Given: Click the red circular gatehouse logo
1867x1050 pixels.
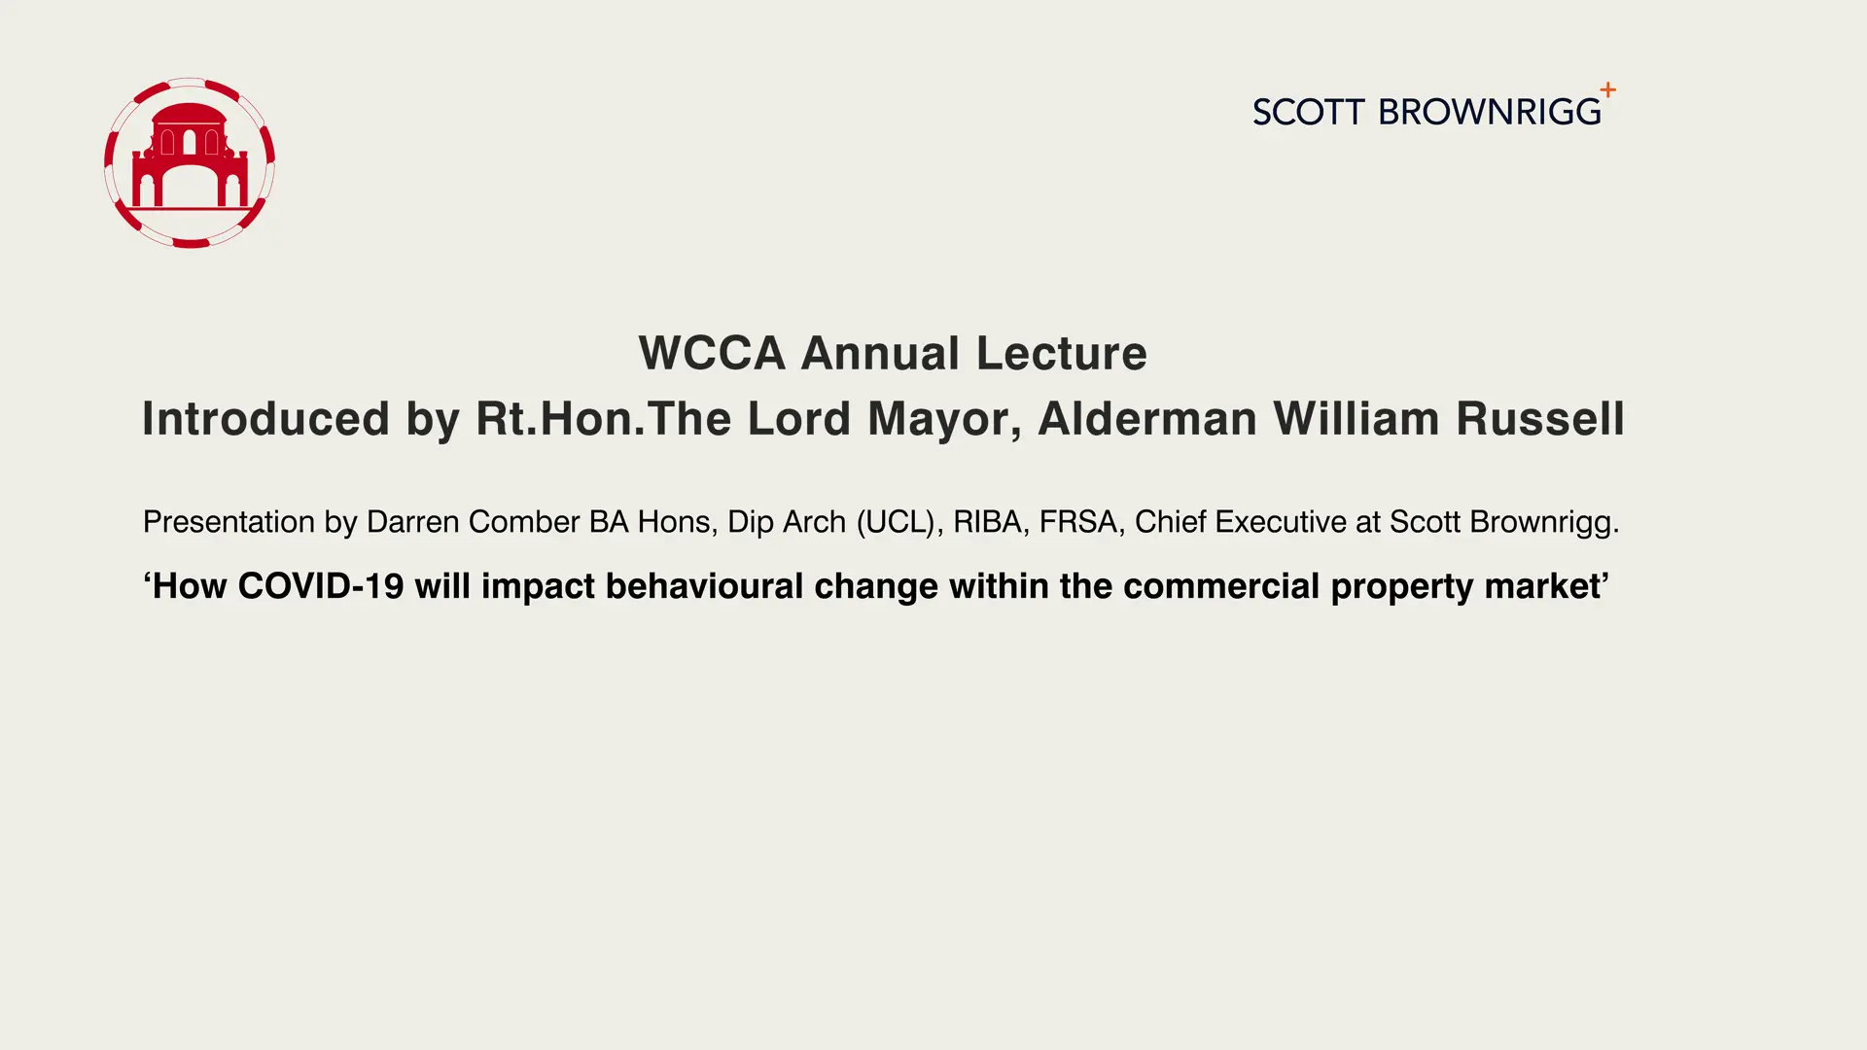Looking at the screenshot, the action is pyautogui.click(x=190, y=162).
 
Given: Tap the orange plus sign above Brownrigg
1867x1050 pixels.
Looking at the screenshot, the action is pyautogui.click(x=1608, y=89).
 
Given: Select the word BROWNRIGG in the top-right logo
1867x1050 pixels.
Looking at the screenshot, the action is pyautogui.click(x=1490, y=112).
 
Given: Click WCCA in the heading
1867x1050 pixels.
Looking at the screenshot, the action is pyautogui.click(x=712, y=352).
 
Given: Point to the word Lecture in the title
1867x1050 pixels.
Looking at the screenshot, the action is pyautogui.click(x=1062, y=352).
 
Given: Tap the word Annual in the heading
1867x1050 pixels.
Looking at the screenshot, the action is pyautogui.click(x=881, y=352).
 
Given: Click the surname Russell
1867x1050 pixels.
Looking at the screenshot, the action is pyautogui.click(x=1540, y=419).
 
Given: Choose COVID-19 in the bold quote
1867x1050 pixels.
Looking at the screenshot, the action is pyautogui.click(x=321, y=586).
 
